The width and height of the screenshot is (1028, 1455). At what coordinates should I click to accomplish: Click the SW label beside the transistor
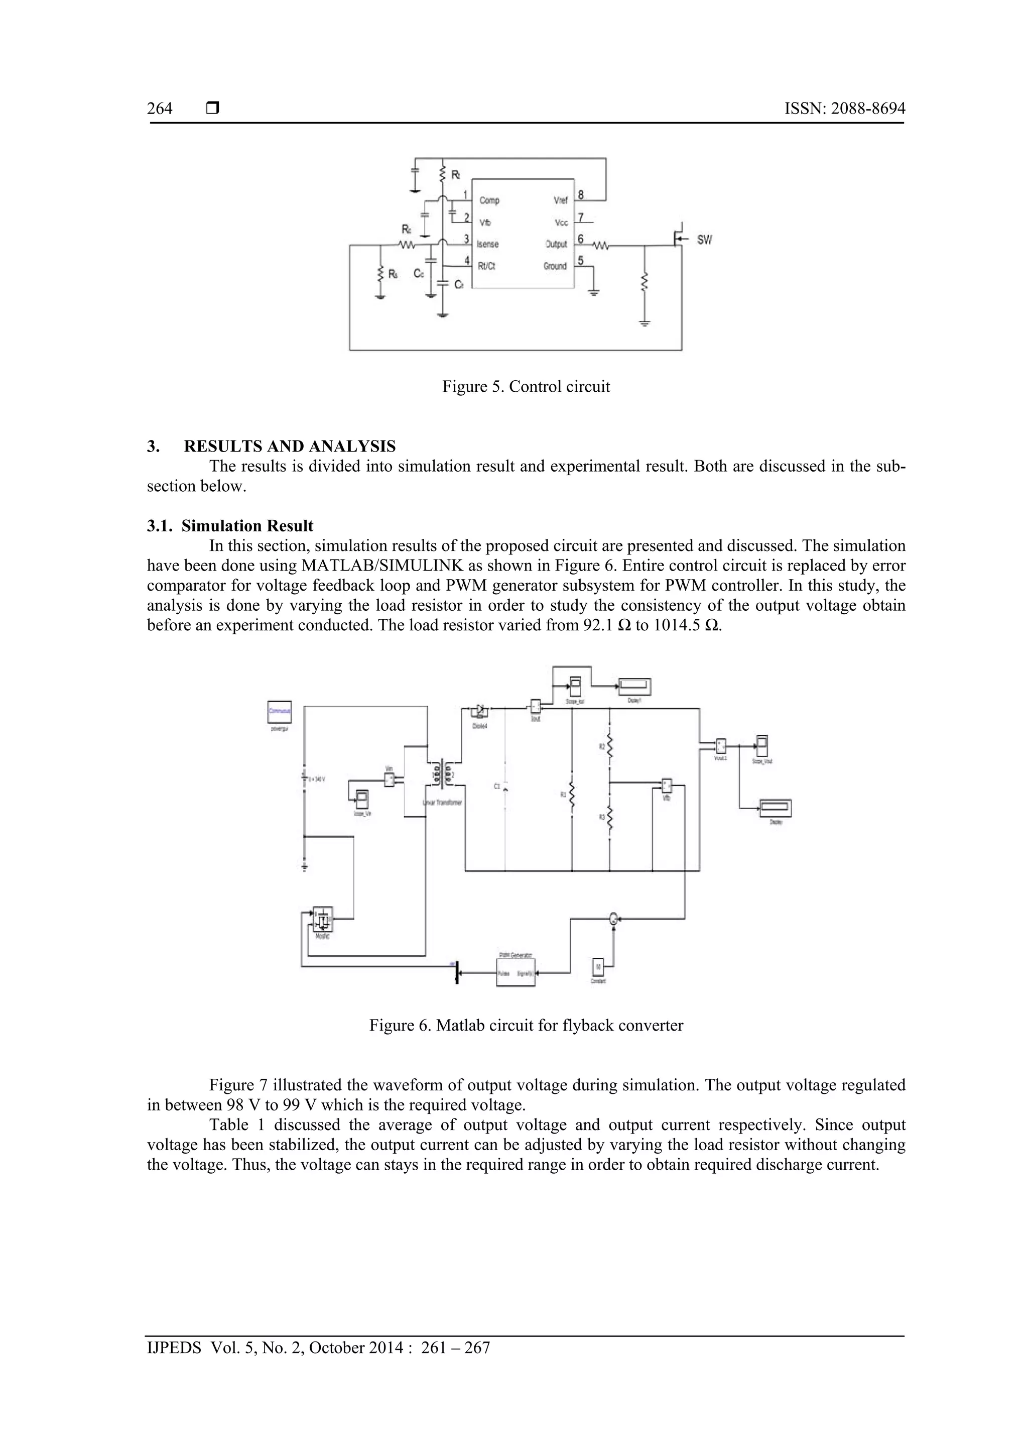(704, 240)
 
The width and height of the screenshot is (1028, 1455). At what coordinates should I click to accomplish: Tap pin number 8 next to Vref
(580, 195)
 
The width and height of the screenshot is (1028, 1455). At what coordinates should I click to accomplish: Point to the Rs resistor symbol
(380, 274)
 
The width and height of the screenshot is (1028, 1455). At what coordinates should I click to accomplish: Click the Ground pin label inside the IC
(554, 266)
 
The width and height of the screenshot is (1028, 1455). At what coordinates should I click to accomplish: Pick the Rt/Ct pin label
(486, 266)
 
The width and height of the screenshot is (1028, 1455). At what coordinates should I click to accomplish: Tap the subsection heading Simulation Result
(247, 526)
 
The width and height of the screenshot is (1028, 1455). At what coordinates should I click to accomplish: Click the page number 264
(160, 109)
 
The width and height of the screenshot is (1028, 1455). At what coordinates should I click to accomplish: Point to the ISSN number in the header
(844, 109)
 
